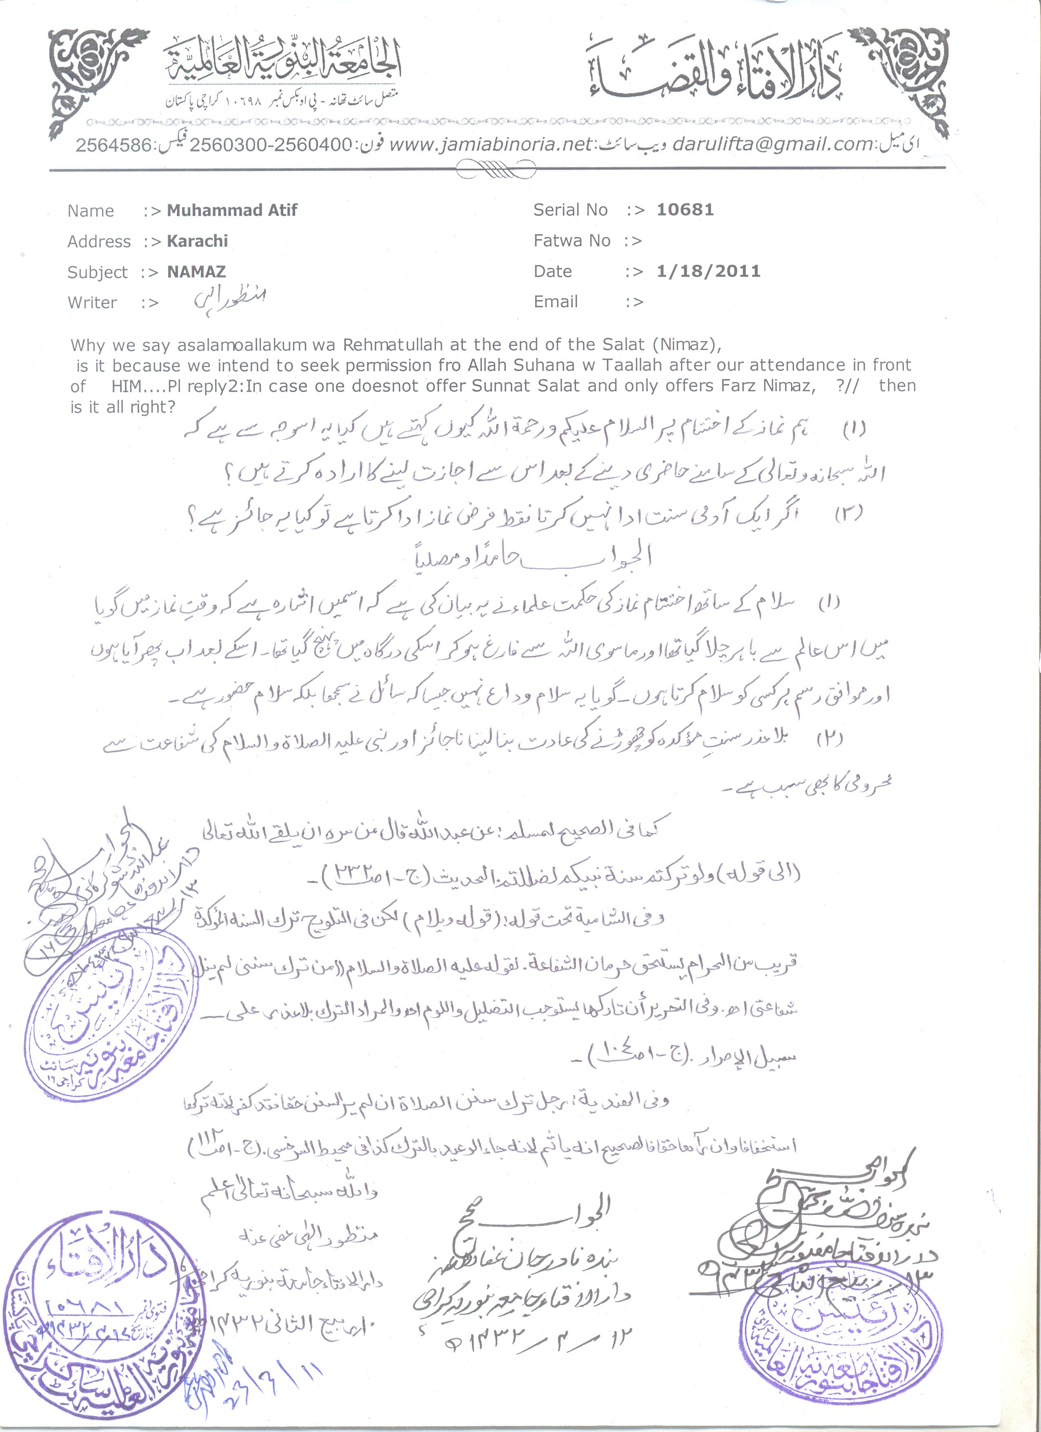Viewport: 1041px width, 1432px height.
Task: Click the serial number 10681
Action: coord(685,210)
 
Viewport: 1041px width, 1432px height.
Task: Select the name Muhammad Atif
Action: coord(232,210)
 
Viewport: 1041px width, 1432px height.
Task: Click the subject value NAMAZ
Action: coord(196,271)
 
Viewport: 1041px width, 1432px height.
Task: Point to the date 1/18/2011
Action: coord(708,271)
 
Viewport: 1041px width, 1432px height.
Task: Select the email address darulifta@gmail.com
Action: coord(772,144)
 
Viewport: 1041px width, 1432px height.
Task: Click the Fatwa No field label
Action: coord(572,241)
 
